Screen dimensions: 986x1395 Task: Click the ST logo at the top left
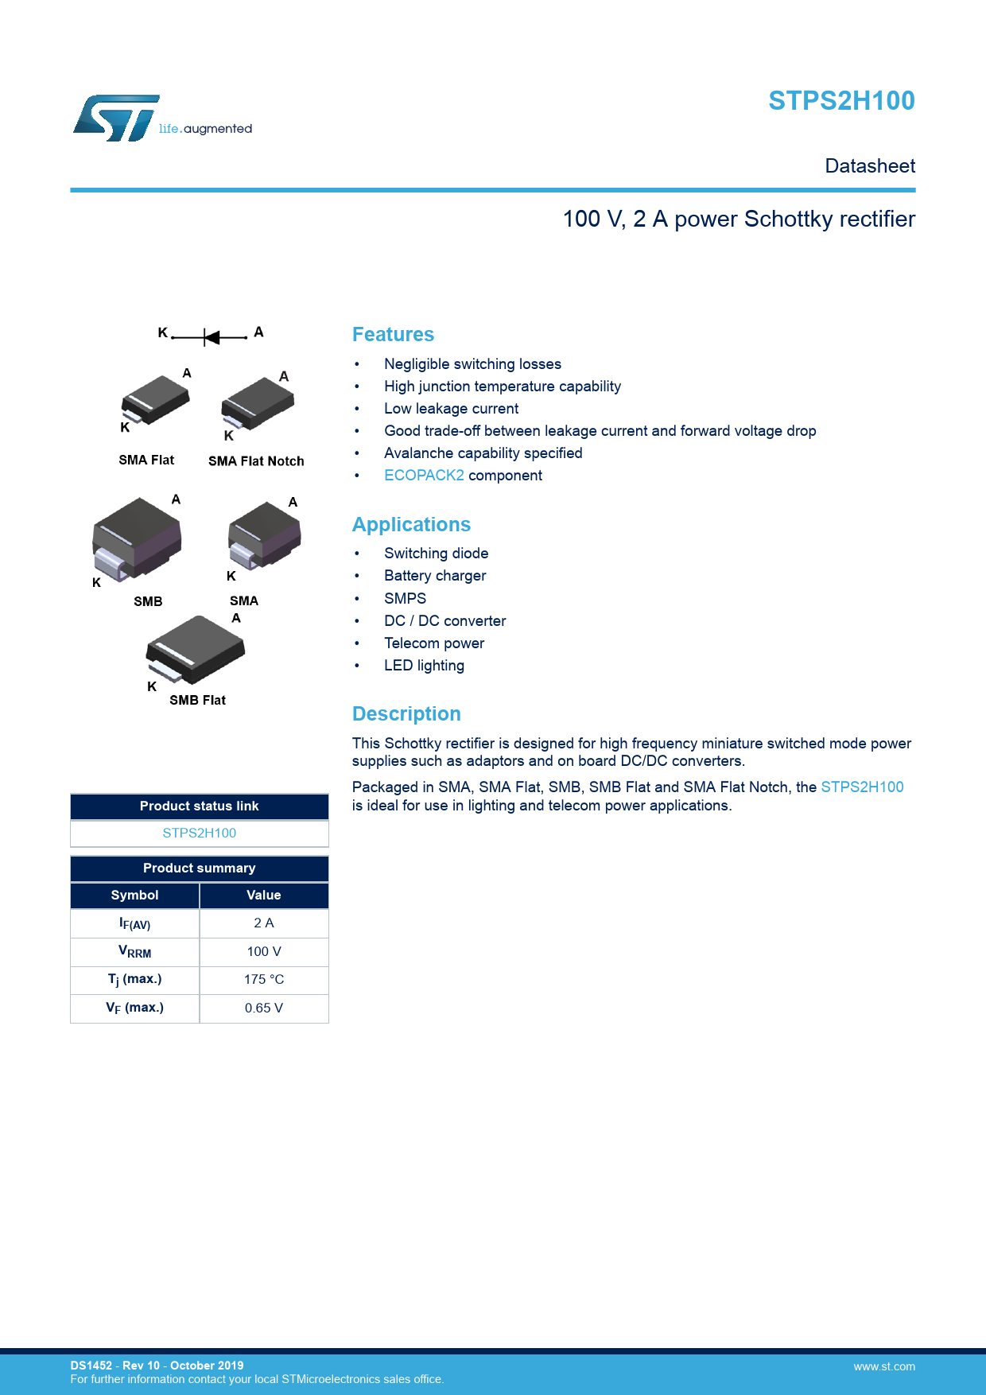[x=117, y=119]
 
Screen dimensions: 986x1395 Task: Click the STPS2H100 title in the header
[x=841, y=101]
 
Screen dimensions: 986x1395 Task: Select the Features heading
[x=393, y=335]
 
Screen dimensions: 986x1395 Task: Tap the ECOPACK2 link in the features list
[x=424, y=476]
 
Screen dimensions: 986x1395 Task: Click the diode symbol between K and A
[x=212, y=337]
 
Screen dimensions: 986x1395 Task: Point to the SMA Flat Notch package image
[x=258, y=402]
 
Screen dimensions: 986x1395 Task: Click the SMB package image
[x=137, y=537]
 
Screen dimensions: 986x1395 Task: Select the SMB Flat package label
[x=197, y=700]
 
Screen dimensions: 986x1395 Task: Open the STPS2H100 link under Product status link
[x=200, y=833]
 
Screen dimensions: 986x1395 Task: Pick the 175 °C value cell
[x=264, y=980]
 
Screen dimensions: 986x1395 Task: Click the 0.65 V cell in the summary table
[x=264, y=1008]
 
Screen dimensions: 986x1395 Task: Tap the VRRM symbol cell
[x=135, y=952]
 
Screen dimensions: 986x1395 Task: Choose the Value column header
[x=264, y=896]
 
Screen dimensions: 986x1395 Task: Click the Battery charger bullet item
[x=435, y=576]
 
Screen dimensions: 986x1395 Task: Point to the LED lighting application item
[x=424, y=666]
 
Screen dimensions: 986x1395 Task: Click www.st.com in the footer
[x=884, y=1366]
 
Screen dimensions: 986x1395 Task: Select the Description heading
[x=406, y=714]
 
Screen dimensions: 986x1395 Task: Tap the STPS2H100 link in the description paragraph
[x=862, y=787]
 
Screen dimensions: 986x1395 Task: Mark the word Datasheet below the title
[x=870, y=166]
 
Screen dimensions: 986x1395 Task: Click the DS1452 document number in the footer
[x=91, y=1366]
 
